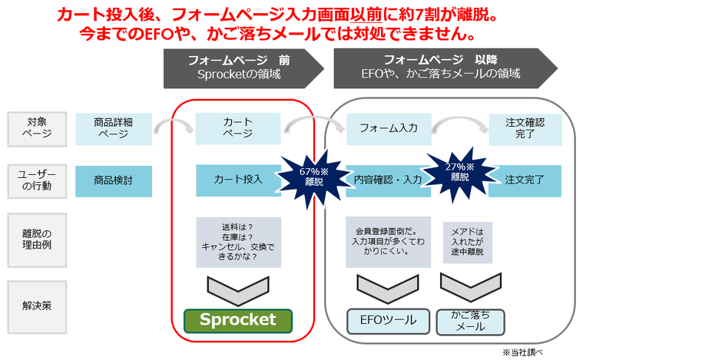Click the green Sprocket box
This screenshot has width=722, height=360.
[x=238, y=320]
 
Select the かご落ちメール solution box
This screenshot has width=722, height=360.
[x=471, y=321]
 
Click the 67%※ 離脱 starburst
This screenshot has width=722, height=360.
[x=314, y=178]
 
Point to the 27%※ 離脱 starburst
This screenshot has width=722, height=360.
[x=460, y=170]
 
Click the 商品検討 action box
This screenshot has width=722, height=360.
[x=114, y=180]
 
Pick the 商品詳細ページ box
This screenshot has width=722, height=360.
[x=114, y=128]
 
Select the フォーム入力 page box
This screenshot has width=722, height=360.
[x=388, y=128]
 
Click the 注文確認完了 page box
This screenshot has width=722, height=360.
[x=525, y=128]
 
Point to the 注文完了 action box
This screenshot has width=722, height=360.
[x=525, y=180]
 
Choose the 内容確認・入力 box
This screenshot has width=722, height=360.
[x=388, y=180]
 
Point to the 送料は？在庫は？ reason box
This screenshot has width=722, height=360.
[x=238, y=241]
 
